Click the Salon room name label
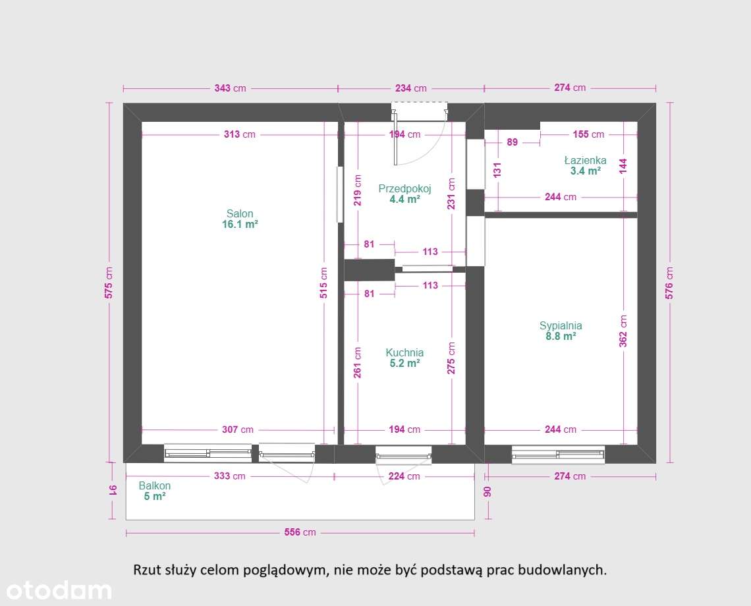240,213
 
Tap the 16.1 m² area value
240,225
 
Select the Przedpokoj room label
404,189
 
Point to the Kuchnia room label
404,352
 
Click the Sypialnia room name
561,325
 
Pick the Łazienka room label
585,160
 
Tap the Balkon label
155,486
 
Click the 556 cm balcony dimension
300,532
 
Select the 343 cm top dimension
230,88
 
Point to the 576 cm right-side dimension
669,283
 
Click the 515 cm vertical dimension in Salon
323,283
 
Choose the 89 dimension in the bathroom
512,142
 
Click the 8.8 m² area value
561,337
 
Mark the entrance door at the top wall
419,112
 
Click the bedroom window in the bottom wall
558,453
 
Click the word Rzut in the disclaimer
146,570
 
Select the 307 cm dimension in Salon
238,429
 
